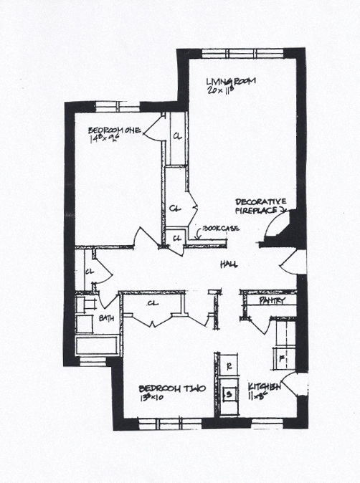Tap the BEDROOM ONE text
114,130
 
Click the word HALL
229,264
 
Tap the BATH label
108,317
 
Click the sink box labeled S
228,393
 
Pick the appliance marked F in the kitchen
282,356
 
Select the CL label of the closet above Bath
90,272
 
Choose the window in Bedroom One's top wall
118,106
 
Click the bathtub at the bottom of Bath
97,347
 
